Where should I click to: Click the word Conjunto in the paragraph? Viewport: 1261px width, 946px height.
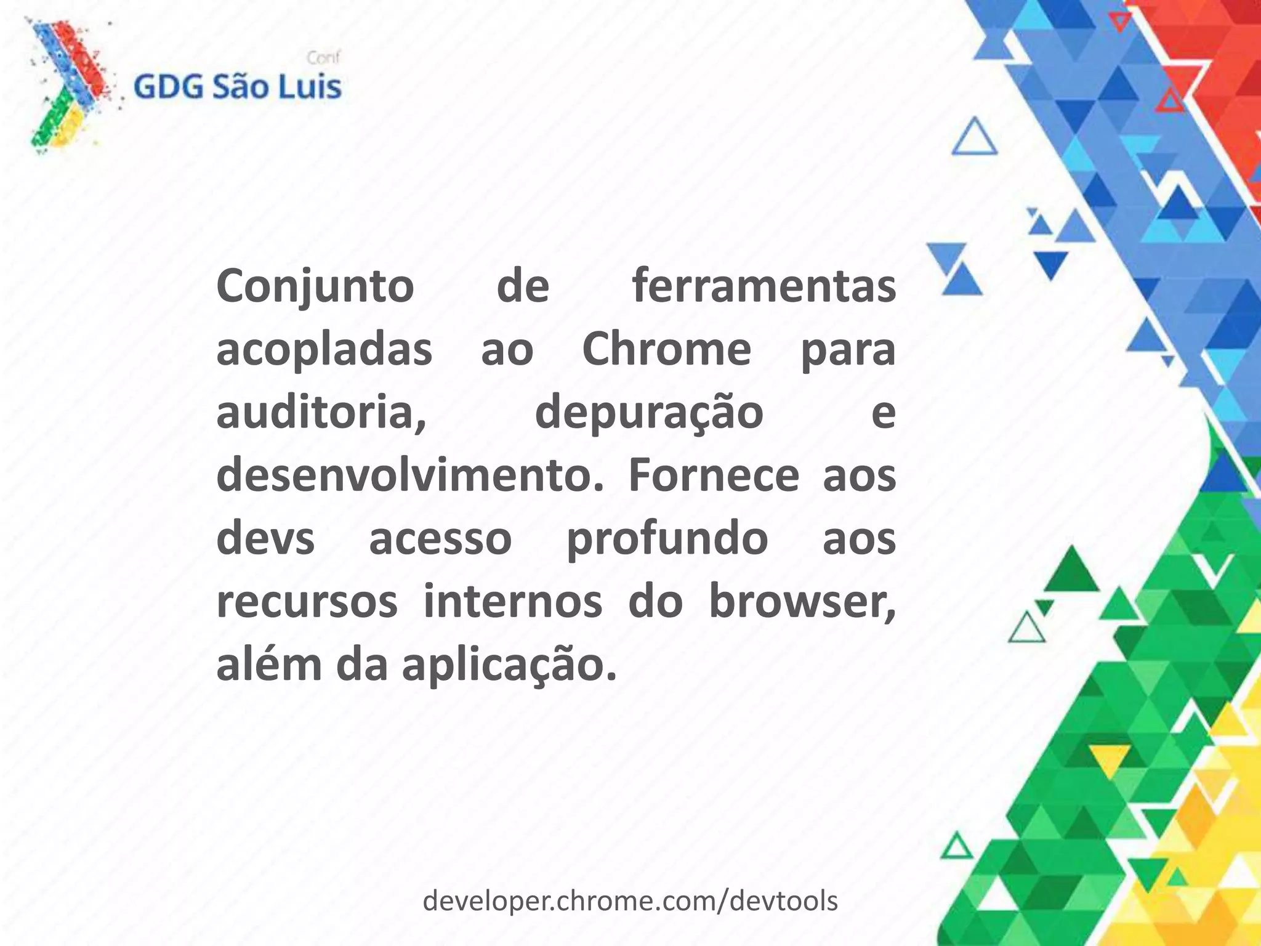pos(315,287)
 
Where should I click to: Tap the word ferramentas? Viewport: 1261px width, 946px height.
pos(763,287)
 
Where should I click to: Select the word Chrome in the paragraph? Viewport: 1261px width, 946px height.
pos(666,350)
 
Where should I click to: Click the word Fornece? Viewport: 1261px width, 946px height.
pos(713,476)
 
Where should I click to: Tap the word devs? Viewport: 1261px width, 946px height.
pos(265,540)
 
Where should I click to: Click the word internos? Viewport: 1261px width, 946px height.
pos(512,602)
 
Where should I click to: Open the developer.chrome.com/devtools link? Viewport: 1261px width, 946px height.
pos(630,901)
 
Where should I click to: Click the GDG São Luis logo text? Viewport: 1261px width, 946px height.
pos(237,87)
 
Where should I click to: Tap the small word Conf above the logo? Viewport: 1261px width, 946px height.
pos(323,59)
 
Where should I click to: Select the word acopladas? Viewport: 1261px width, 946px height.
pos(324,350)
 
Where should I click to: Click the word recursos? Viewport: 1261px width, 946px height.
pos(307,602)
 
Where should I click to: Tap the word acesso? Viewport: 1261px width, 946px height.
pos(440,540)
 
